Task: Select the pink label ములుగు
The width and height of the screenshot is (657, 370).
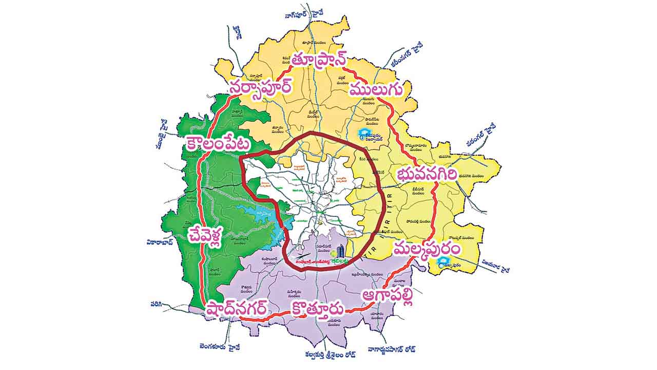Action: tap(375, 89)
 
